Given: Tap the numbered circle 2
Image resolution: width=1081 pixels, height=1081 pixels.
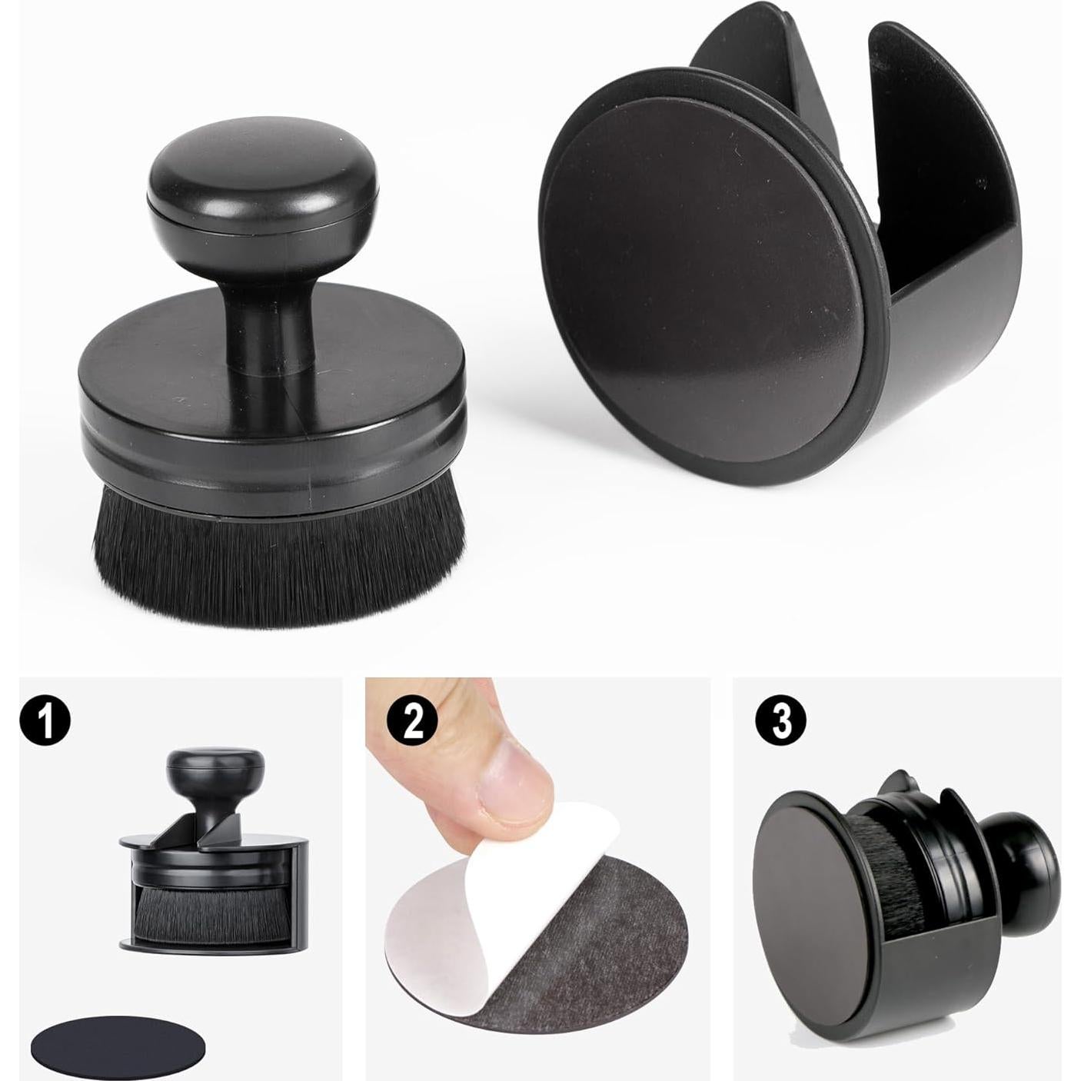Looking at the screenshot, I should click(414, 720).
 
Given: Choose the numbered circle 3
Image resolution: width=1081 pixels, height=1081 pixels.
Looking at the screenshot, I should click(780, 720).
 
